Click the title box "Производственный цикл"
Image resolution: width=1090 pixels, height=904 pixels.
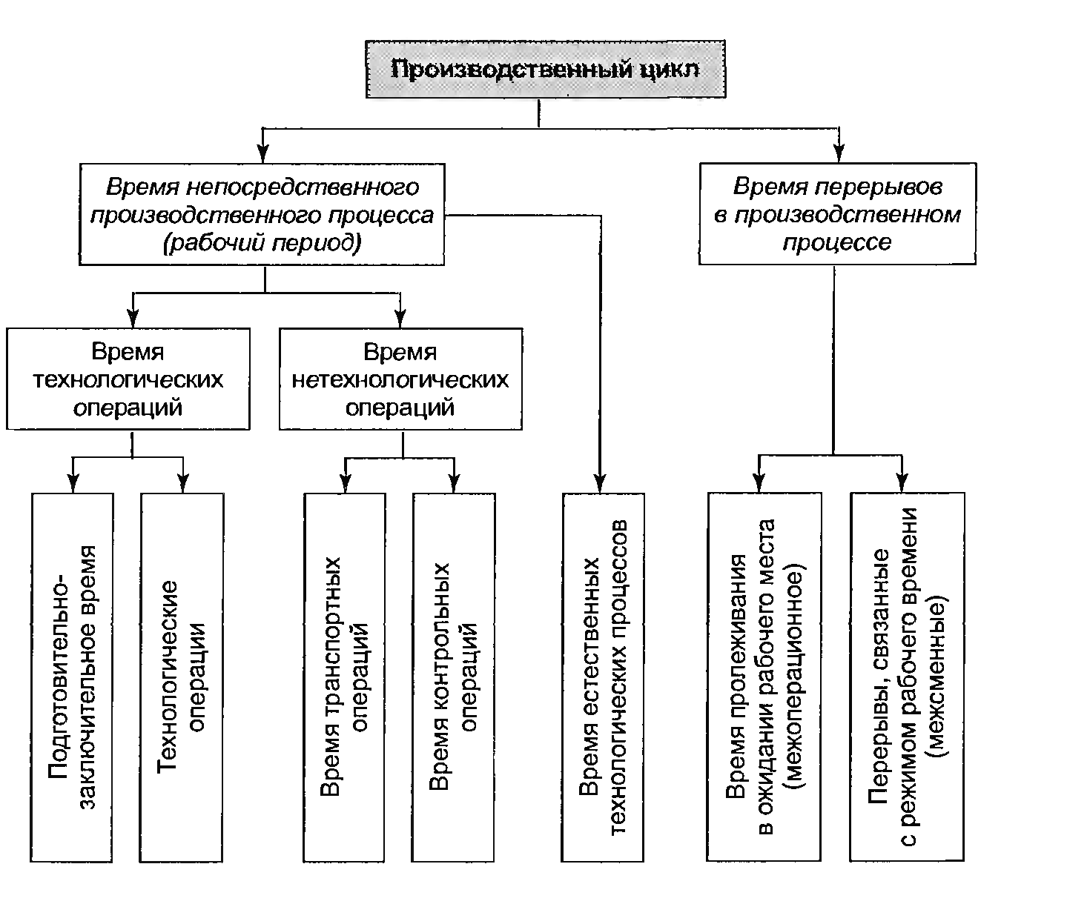pos(545,70)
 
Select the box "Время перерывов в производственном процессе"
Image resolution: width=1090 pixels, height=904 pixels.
pos(837,213)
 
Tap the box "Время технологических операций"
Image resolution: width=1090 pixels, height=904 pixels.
pos(128,379)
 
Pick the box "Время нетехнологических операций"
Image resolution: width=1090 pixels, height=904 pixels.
pos(400,379)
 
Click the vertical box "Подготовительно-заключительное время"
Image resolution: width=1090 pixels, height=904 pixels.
pos(72,677)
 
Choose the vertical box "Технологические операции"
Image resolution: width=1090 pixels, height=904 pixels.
pos(182,677)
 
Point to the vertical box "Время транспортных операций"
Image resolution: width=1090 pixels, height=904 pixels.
pos(345,677)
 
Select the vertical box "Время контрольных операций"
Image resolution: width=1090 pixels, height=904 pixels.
pos(453,677)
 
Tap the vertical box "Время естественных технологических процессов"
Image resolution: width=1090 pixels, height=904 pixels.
pos(603,677)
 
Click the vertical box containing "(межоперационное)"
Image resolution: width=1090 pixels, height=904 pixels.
pos(764,677)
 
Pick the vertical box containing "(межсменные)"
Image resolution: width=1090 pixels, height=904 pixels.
pos(907,677)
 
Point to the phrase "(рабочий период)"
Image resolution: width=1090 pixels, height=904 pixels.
pos(262,243)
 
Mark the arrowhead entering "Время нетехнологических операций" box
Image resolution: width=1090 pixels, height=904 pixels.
pos(400,319)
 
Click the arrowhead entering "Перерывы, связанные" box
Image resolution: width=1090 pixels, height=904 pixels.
pos(902,482)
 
